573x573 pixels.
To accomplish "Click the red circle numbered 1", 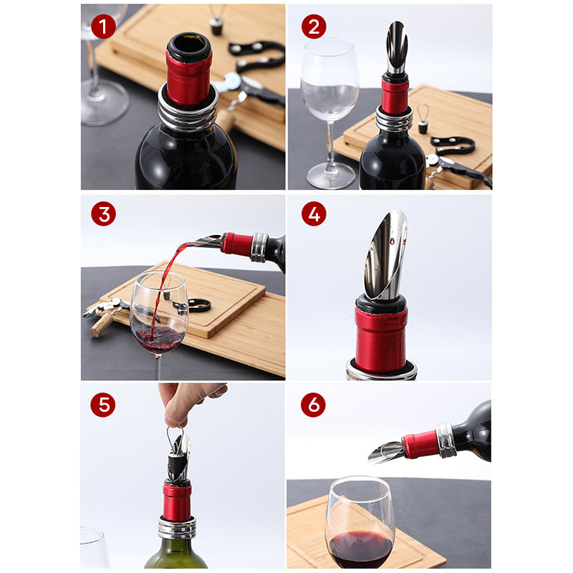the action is click(103, 27).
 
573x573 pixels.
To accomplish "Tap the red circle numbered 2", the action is click(314, 27).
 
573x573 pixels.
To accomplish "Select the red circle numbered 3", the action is click(103, 213).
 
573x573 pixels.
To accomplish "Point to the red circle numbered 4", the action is click(314, 213).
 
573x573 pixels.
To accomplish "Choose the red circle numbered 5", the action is click(103, 405).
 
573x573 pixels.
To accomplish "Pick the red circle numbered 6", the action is click(313, 405).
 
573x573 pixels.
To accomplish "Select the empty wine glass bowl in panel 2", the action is click(330, 80).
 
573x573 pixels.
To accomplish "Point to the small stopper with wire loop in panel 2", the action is click(423, 118).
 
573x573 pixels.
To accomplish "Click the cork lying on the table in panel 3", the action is click(102, 324).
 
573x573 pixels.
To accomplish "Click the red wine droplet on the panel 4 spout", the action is click(392, 241).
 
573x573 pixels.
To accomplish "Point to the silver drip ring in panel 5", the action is click(177, 527).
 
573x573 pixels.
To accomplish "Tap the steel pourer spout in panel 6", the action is click(387, 452).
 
